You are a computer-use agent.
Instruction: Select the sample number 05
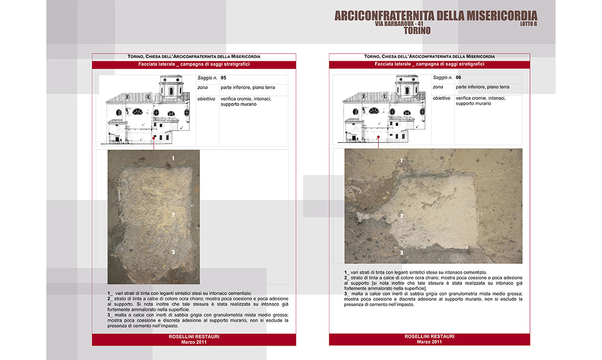(x=223, y=78)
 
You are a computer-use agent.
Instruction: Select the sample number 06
(x=459, y=78)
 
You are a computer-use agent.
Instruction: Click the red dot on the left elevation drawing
(x=154, y=137)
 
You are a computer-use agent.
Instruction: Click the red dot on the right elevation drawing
(x=378, y=137)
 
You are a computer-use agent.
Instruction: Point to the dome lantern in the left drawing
(x=171, y=88)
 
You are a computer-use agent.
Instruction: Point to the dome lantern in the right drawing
(x=407, y=88)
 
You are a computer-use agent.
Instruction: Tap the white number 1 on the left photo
(x=173, y=158)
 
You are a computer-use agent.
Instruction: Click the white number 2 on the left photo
(x=174, y=215)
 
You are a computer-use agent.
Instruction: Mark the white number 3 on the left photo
(x=173, y=252)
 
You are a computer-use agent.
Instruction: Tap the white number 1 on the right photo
(x=401, y=160)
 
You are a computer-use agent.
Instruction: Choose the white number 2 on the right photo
(x=401, y=216)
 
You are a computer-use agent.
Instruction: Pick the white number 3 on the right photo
(x=401, y=253)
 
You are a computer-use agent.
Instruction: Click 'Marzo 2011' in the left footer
(x=194, y=341)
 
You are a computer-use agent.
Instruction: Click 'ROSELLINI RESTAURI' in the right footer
(x=430, y=336)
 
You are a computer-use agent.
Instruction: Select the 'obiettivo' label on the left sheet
(x=206, y=98)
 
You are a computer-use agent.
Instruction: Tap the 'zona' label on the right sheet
(x=438, y=87)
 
